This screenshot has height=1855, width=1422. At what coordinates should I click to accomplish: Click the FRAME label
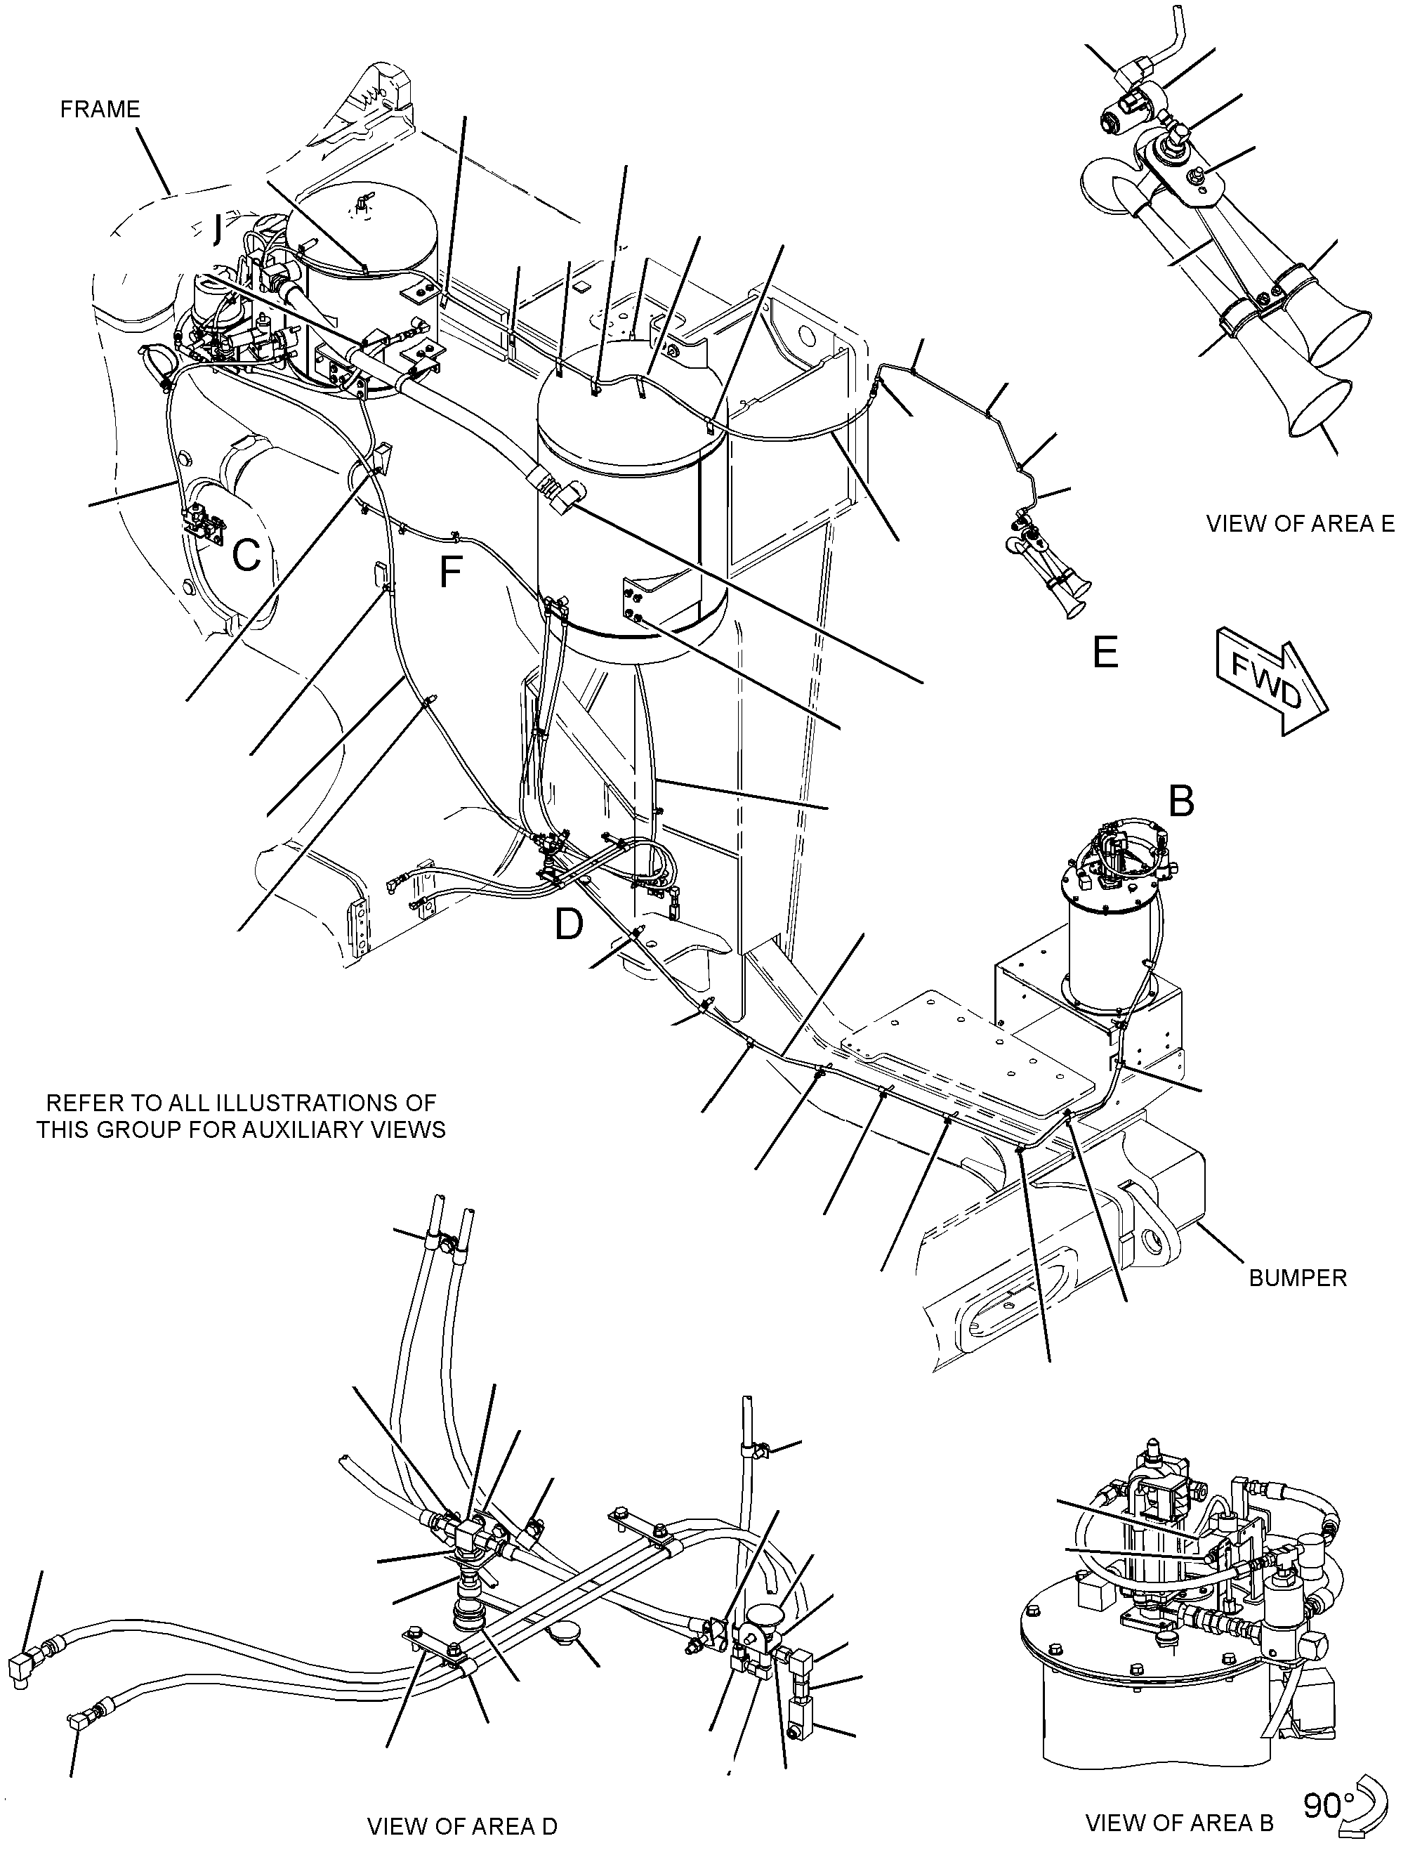(x=100, y=109)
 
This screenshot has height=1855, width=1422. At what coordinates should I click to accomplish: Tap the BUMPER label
(x=1298, y=1278)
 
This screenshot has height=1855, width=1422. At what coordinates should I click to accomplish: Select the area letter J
(x=219, y=228)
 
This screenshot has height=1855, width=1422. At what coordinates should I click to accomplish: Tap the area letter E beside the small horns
(x=1105, y=652)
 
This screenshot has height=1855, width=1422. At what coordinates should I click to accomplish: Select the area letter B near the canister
(x=1180, y=800)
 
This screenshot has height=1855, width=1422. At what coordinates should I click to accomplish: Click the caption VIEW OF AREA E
(x=1300, y=523)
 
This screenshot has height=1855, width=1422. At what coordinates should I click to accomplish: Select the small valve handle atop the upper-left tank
(x=364, y=201)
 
